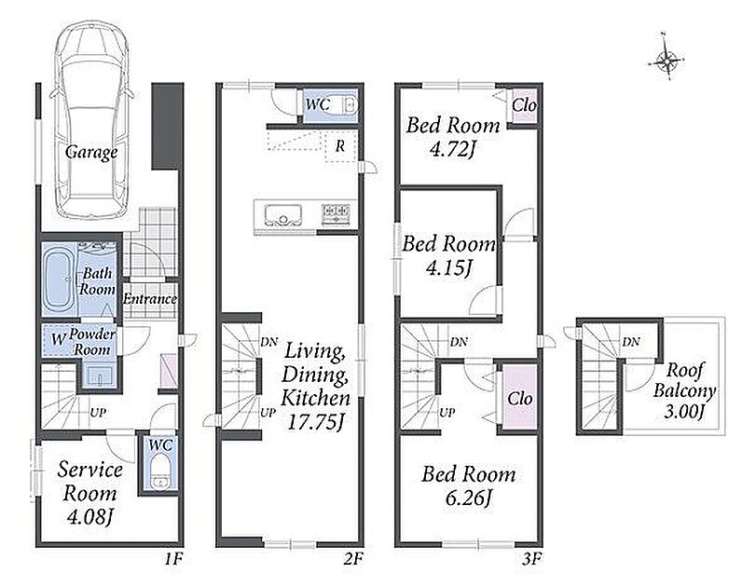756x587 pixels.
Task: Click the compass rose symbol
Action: (666, 61)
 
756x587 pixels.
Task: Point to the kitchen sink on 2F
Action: (282, 214)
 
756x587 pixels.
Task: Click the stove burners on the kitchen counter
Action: (336, 213)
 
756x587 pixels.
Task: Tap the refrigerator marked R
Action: (340, 146)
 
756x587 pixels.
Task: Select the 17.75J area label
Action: (315, 423)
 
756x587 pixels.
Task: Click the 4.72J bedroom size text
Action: (453, 149)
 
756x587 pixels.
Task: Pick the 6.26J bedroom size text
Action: (469, 498)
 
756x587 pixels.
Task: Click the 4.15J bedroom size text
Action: (448, 267)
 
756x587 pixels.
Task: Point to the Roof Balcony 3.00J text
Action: (684, 390)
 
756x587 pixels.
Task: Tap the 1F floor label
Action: (173, 560)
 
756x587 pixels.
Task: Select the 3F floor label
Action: (532, 560)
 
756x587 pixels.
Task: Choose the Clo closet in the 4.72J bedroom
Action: (524, 105)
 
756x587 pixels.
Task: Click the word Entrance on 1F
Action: (149, 299)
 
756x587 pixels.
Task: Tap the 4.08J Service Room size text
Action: (90, 518)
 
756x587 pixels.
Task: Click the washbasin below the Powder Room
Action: (100, 376)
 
